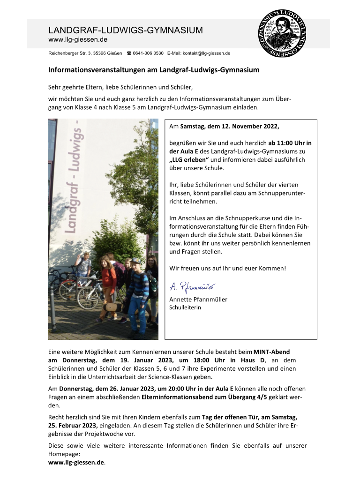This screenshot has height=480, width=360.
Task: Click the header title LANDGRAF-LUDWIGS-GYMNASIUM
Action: tap(126, 30)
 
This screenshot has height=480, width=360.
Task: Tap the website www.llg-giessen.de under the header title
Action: tap(78, 40)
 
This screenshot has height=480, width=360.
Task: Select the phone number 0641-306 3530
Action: tap(148, 53)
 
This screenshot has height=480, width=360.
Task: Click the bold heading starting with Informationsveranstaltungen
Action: tap(154, 70)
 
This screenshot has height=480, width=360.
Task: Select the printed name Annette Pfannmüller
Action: tap(198, 300)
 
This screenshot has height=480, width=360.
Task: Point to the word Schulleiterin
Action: tap(185, 307)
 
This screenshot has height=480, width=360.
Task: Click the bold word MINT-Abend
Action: tap(275, 352)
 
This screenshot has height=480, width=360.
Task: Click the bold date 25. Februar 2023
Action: tap(73, 425)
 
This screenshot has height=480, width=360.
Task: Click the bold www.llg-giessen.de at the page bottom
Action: tap(76, 462)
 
